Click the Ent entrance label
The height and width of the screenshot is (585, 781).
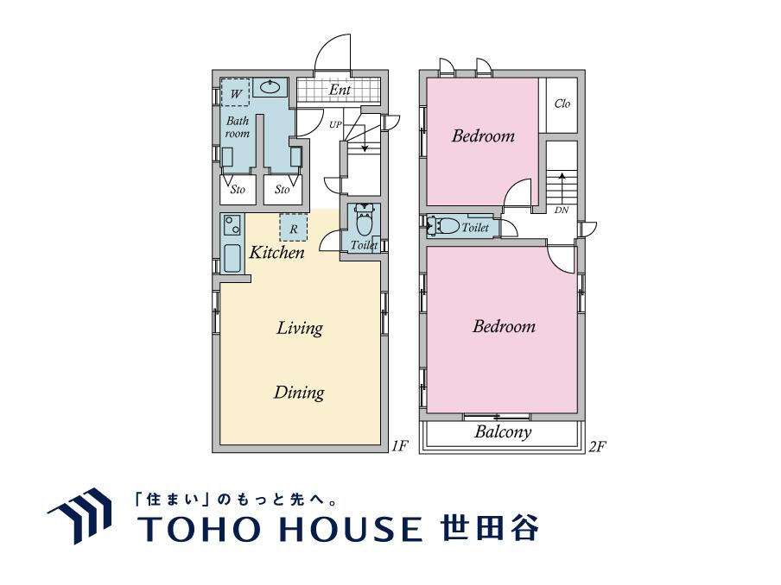click(x=340, y=90)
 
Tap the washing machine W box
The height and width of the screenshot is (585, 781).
click(x=235, y=92)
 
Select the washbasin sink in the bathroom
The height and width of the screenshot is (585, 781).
click(x=270, y=87)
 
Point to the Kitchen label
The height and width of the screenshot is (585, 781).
click(x=276, y=252)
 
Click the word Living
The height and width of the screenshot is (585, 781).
click(x=299, y=329)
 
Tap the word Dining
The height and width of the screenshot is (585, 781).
click(x=299, y=393)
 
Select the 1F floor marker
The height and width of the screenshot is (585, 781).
click(x=399, y=446)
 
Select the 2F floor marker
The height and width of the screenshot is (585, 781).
click(x=597, y=446)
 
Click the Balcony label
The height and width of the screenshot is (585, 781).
click(x=503, y=431)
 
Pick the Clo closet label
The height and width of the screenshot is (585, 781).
click(x=562, y=104)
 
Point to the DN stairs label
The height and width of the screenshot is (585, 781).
click(x=562, y=210)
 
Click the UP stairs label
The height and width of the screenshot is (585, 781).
click(x=335, y=124)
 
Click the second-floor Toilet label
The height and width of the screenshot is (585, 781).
click(x=475, y=227)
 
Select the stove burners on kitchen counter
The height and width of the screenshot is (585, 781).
click(x=232, y=225)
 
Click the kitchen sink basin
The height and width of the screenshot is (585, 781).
click(x=232, y=259)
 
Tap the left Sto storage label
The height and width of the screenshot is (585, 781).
click(x=238, y=190)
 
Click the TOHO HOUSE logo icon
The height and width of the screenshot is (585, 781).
click(x=79, y=515)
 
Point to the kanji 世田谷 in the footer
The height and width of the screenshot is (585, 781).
click(x=489, y=527)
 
